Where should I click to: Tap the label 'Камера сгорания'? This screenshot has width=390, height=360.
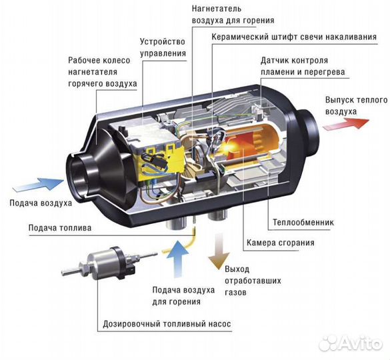(x=279, y=243)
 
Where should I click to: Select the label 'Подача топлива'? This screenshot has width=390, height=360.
(x=60, y=227)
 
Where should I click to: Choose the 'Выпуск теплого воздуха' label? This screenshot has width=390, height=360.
(x=347, y=106)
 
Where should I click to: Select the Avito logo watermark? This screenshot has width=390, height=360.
(x=351, y=343)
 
